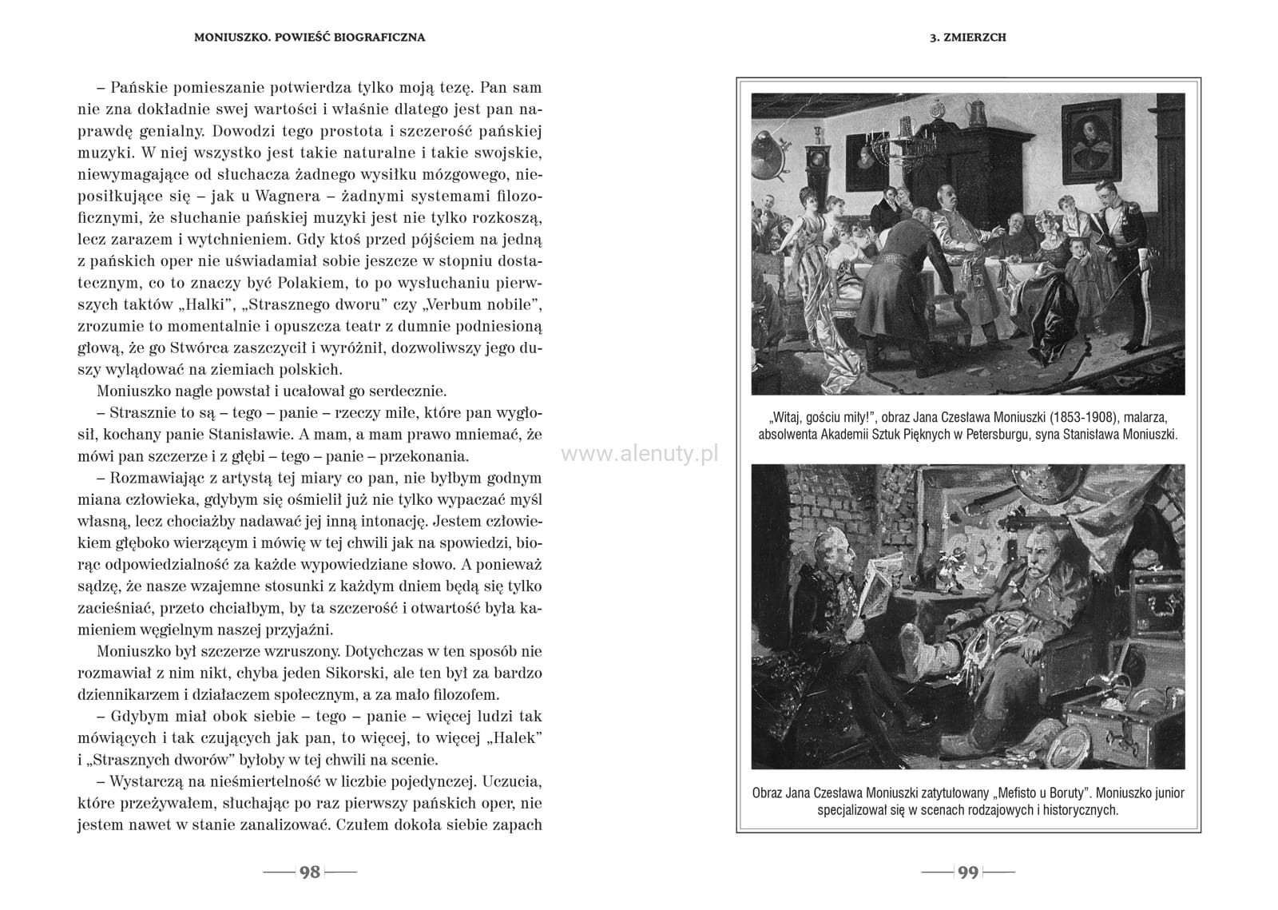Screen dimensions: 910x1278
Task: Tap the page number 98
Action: point(309,872)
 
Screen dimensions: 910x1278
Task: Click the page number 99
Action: point(968,872)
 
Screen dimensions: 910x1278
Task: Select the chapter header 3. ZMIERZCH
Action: point(968,38)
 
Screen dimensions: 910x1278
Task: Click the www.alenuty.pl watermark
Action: point(640,454)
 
